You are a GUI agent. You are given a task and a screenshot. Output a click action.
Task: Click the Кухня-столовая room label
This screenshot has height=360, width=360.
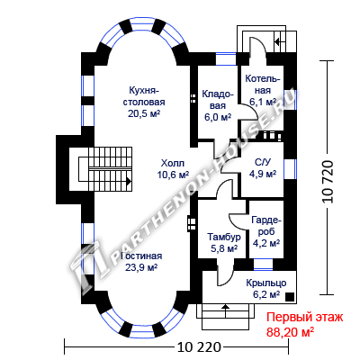[x=144, y=96]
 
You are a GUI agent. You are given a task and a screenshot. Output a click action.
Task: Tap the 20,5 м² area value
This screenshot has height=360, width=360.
[x=144, y=113]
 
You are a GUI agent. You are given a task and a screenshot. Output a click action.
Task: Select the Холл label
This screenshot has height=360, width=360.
[x=173, y=163]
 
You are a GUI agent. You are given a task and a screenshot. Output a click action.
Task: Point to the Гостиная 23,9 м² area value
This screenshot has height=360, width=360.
[x=141, y=267]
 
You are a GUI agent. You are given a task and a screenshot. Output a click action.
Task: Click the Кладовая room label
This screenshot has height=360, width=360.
[x=218, y=100]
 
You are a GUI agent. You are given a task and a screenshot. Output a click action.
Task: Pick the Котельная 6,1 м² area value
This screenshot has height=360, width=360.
[x=263, y=102]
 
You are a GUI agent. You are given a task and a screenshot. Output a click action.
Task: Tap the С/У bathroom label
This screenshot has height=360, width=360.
[x=263, y=162]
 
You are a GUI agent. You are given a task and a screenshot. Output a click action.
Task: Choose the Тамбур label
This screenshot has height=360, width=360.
[x=224, y=237]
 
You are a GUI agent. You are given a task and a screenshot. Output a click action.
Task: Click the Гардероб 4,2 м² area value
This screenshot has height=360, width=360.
[x=266, y=243]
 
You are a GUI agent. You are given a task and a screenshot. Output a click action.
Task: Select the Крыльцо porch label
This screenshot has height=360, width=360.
[x=266, y=283]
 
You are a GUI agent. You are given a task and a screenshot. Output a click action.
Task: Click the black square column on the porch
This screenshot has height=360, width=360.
[x=290, y=297]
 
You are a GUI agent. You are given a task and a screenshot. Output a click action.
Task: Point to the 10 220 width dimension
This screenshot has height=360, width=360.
[x=199, y=347]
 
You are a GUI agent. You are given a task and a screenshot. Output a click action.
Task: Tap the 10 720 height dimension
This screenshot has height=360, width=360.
[x=328, y=182]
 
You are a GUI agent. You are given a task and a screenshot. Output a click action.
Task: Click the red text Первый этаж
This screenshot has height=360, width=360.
[x=304, y=318]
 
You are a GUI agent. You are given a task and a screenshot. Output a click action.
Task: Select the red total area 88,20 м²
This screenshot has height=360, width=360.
[x=290, y=332]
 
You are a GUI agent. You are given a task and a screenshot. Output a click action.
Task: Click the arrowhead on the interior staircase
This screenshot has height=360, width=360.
[x=129, y=181]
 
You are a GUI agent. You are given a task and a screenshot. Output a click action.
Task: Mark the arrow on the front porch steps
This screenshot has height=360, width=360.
[x=225, y=307]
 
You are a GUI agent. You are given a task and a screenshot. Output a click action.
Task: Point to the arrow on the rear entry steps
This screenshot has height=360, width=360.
[x=278, y=41]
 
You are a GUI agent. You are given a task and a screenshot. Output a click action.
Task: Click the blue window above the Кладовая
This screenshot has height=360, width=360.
[x=226, y=59]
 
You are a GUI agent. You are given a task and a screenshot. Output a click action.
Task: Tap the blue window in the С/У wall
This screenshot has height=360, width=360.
[x=290, y=169]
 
